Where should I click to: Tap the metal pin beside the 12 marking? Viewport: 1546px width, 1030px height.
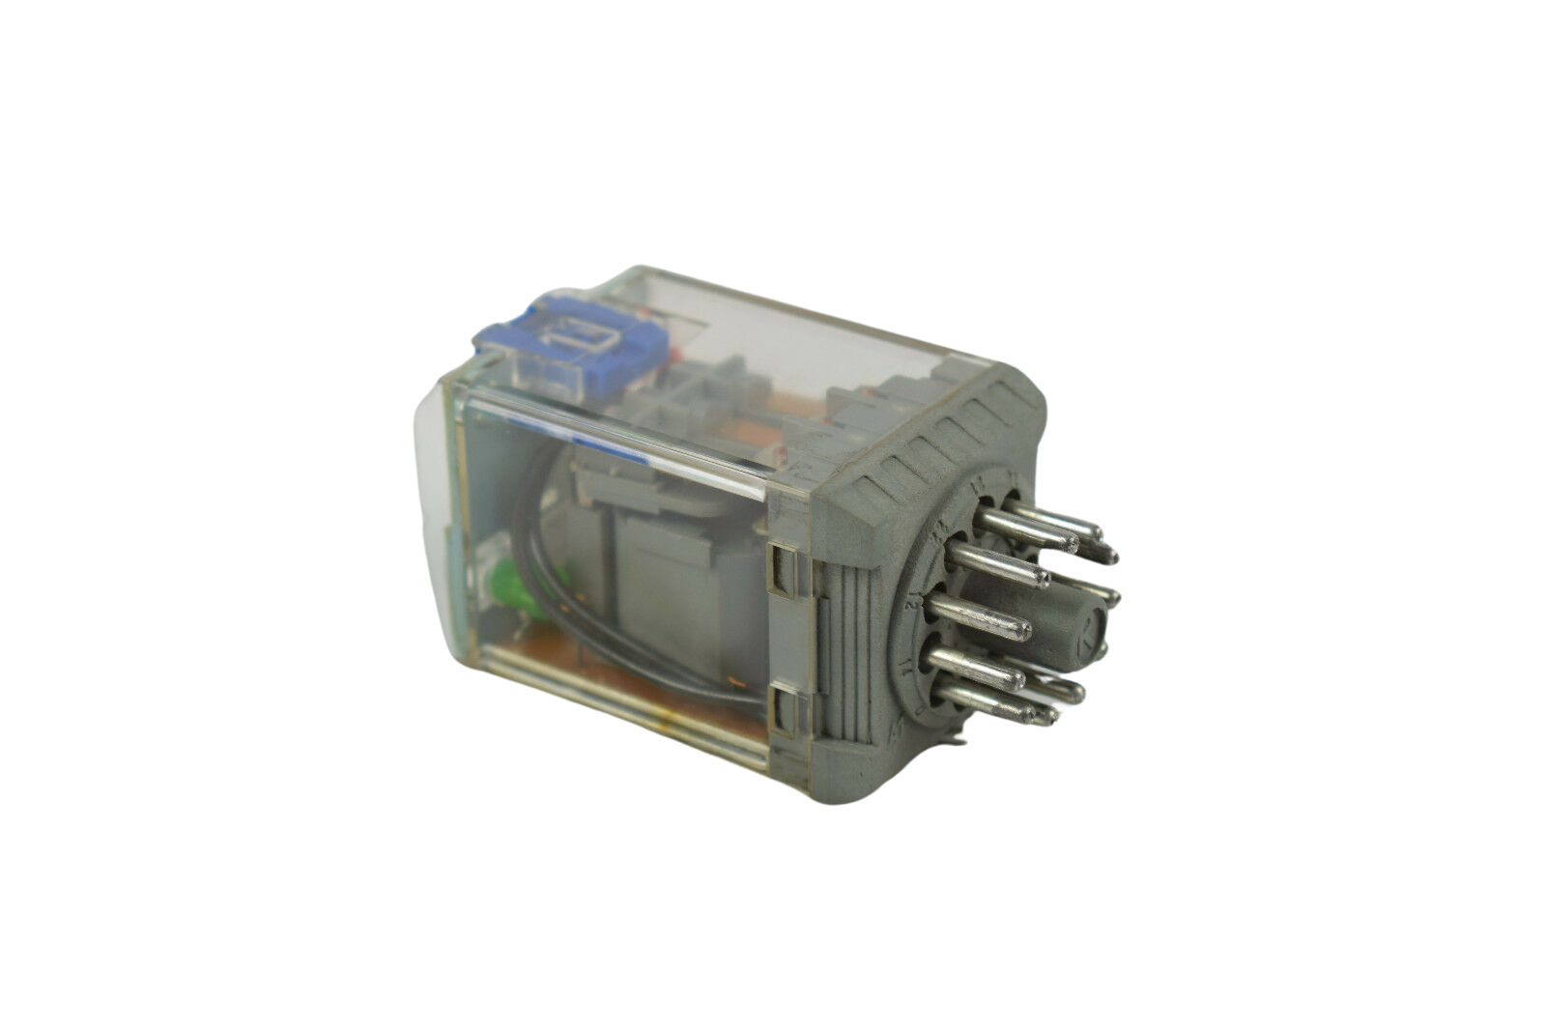pos(976,618)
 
